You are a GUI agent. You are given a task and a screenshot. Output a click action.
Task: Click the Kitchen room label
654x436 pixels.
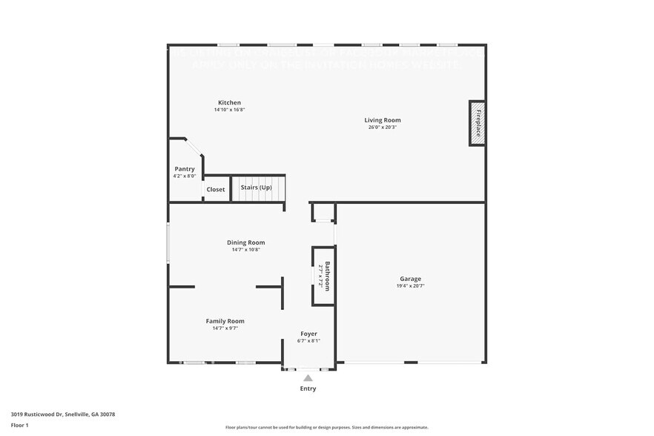pyautogui.click(x=229, y=102)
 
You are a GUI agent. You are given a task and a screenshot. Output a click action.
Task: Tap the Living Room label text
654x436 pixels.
pyautogui.click(x=383, y=120)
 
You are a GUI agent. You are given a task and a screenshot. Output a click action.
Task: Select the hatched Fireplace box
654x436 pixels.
pyautogui.click(x=477, y=123)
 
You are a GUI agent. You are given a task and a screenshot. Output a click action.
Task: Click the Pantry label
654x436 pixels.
pyautogui.click(x=185, y=169)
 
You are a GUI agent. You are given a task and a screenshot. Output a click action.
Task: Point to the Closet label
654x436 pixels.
pyautogui.click(x=216, y=189)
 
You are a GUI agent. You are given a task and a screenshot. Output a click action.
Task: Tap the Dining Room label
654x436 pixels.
pyautogui.click(x=245, y=242)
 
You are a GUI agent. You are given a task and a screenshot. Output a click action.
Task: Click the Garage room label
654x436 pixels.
pyautogui.click(x=411, y=279)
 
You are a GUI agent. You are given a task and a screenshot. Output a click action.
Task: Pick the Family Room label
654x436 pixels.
pyautogui.click(x=225, y=321)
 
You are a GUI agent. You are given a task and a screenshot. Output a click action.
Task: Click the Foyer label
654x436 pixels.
pyautogui.click(x=308, y=334)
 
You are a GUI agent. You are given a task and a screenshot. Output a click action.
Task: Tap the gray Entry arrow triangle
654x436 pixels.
pyautogui.click(x=308, y=378)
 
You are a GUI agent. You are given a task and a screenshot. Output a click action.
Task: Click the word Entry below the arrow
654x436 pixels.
pyautogui.click(x=308, y=389)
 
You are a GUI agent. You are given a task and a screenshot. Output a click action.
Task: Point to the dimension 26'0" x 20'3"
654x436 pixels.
pyautogui.click(x=383, y=127)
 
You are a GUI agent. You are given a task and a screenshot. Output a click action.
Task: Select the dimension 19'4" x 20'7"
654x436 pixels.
pyautogui.click(x=411, y=285)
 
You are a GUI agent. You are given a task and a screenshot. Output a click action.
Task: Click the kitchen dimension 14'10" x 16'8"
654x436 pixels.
pyautogui.click(x=229, y=110)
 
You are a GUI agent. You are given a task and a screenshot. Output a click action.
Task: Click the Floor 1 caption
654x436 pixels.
pyautogui.click(x=19, y=425)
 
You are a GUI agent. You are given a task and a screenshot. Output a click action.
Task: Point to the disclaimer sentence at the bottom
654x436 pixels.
pyautogui.click(x=327, y=427)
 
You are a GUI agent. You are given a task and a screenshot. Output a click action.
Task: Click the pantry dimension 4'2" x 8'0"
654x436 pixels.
pyautogui.click(x=185, y=176)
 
